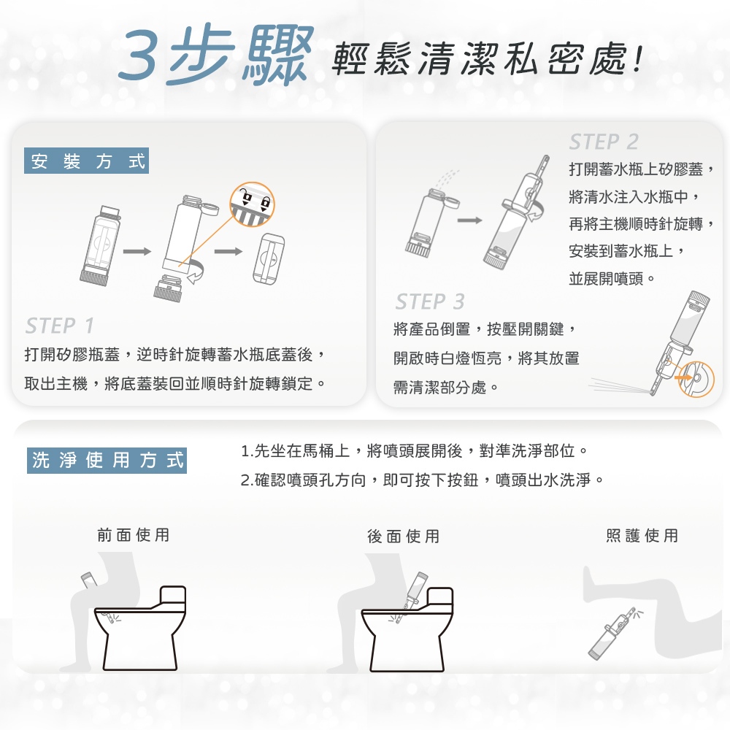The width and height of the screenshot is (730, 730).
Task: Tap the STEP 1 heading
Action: (60, 326)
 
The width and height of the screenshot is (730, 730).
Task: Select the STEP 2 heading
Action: (604, 142)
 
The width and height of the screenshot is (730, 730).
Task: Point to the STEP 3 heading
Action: (430, 301)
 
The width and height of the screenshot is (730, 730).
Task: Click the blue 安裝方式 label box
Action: (87, 161)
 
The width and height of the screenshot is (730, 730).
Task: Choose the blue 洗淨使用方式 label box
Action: (107, 461)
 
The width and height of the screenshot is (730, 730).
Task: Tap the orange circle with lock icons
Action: (252, 204)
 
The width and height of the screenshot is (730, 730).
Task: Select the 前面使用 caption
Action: (133, 535)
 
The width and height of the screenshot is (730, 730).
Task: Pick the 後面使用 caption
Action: (403, 537)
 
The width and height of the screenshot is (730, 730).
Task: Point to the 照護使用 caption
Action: (642, 535)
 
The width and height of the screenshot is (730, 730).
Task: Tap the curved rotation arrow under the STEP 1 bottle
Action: (197, 272)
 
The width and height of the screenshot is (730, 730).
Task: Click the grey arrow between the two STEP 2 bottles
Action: (469, 220)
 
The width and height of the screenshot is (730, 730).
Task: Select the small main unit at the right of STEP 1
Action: (269, 258)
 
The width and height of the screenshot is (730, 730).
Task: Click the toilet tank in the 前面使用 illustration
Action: (173, 596)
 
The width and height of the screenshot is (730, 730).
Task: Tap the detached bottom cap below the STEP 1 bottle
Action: (168, 288)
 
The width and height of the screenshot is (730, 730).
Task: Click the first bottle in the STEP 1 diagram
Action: (101, 245)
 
